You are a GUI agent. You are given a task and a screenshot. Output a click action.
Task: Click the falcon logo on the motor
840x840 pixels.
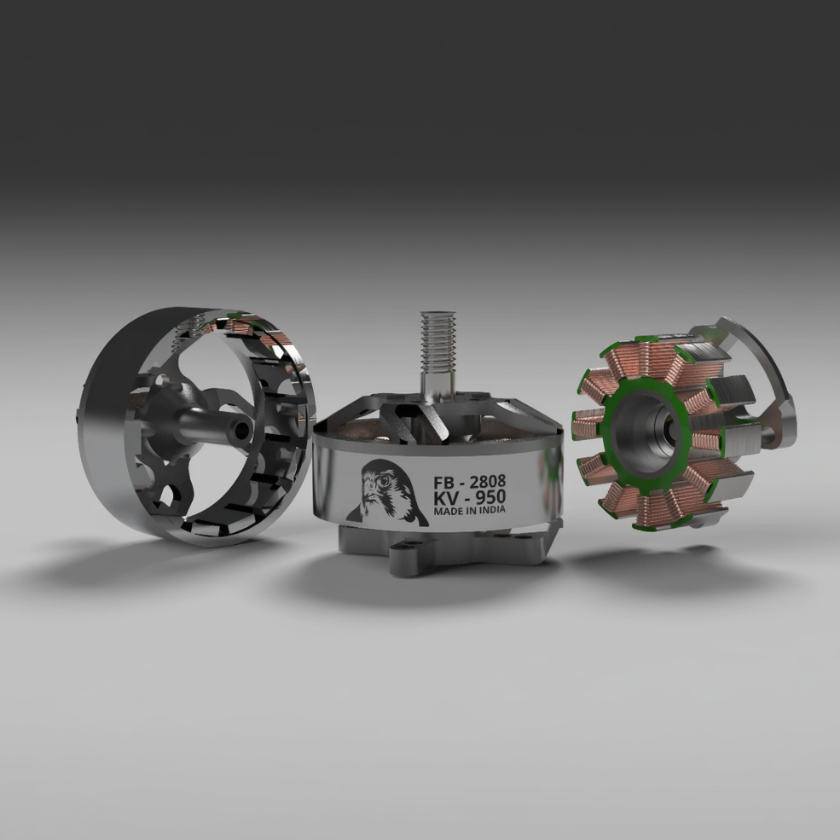387,493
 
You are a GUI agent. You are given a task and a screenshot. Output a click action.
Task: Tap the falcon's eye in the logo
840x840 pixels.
384,480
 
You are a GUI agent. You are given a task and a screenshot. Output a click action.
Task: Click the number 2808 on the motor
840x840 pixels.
488,481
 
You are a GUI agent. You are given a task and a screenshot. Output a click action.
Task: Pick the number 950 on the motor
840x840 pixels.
490,496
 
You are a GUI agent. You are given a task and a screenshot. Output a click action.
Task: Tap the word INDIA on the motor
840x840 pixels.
492,509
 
